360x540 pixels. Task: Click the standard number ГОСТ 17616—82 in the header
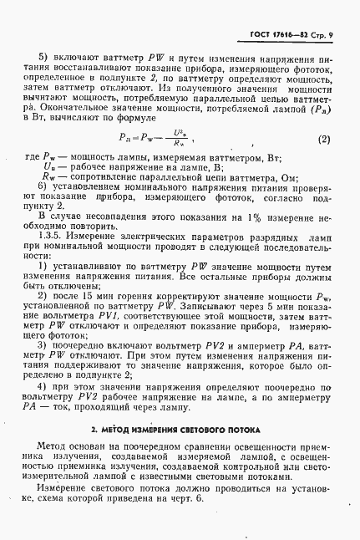[x=281, y=33]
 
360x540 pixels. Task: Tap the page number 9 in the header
[x=331, y=33]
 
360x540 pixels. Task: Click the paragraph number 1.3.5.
[x=55, y=240]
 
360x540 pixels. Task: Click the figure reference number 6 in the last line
[x=199, y=498]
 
